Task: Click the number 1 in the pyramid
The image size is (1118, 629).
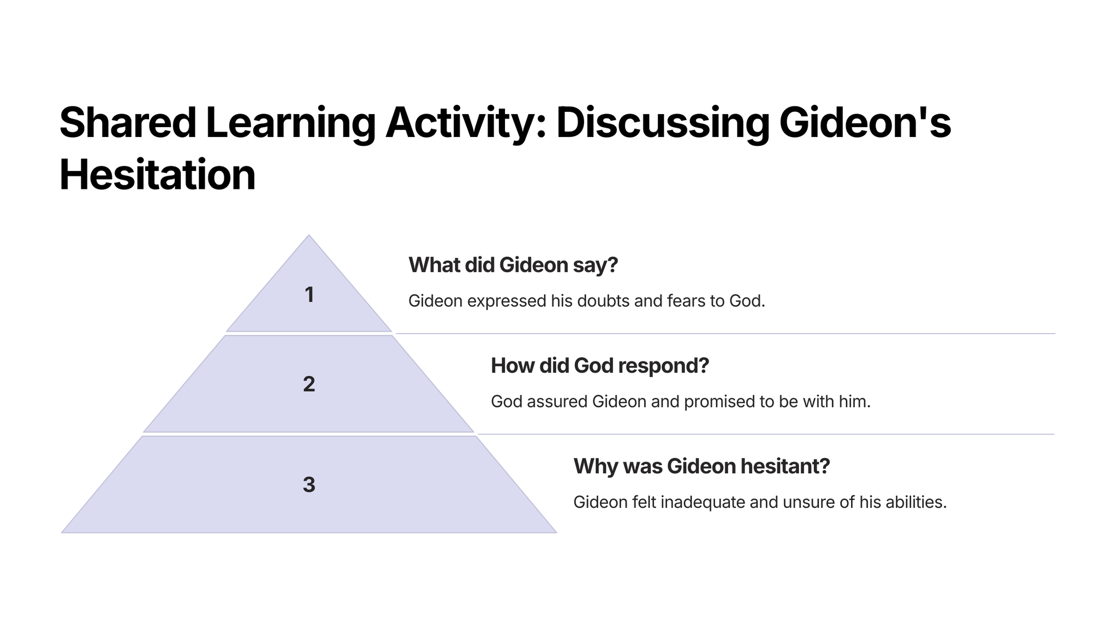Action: click(309, 295)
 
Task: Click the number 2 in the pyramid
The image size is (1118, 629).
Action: click(309, 384)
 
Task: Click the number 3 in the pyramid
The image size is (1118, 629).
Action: click(309, 485)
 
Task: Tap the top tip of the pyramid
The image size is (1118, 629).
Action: click(309, 235)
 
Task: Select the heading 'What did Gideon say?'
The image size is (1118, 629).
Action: click(513, 265)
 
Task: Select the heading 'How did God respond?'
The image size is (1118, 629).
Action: click(600, 366)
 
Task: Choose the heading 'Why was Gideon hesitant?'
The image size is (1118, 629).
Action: click(701, 466)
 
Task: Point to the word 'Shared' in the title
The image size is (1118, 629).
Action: click(128, 122)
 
